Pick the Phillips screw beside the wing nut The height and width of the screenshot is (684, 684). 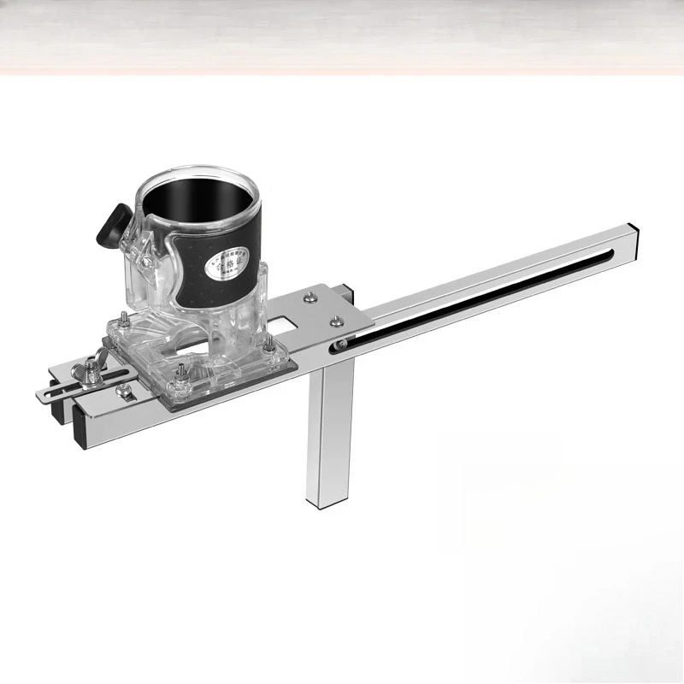coord(123,389)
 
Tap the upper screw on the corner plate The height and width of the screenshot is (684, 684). coord(305,297)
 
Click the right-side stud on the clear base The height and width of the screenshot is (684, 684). coord(268,344)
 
